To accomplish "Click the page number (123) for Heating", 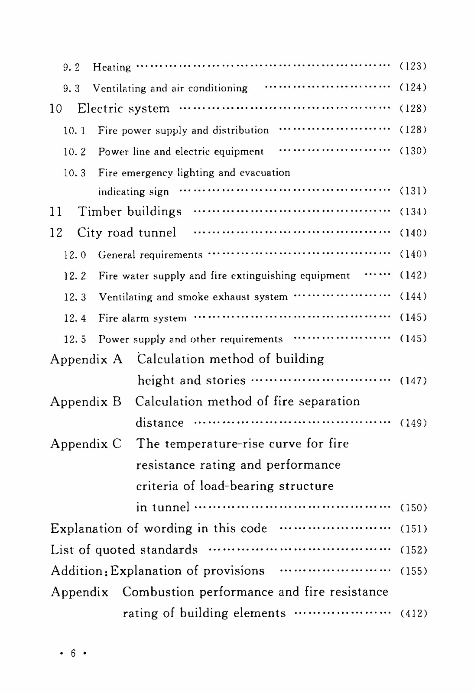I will [412, 66].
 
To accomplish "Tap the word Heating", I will [112, 67].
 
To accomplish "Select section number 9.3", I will [71, 89].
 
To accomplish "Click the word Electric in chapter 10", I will [101, 108].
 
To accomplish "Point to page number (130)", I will [412, 151].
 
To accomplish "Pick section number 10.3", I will [75, 173].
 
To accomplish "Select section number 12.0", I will [75, 255].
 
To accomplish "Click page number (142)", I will [412, 275].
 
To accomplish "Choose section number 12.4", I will [75, 318].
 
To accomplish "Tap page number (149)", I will [412, 423].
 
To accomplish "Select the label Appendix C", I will [86, 444].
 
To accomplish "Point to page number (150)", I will [412, 507].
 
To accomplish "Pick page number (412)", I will [412, 613].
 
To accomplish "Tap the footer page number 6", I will [73, 653].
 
